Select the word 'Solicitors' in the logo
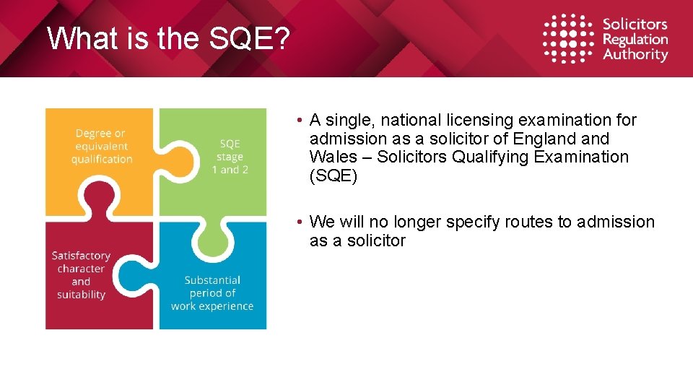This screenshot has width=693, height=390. tap(635, 25)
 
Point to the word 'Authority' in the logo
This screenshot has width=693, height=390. tap(635, 55)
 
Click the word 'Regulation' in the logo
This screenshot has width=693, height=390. tap(635, 40)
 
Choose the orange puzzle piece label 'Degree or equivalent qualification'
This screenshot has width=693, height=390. tap(101, 146)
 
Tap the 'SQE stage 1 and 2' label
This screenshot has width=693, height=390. tap(230, 157)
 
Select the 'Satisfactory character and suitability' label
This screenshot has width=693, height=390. tap(81, 275)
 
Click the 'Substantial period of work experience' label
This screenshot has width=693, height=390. tap(212, 293)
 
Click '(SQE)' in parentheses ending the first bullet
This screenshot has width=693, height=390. tap(333, 175)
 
